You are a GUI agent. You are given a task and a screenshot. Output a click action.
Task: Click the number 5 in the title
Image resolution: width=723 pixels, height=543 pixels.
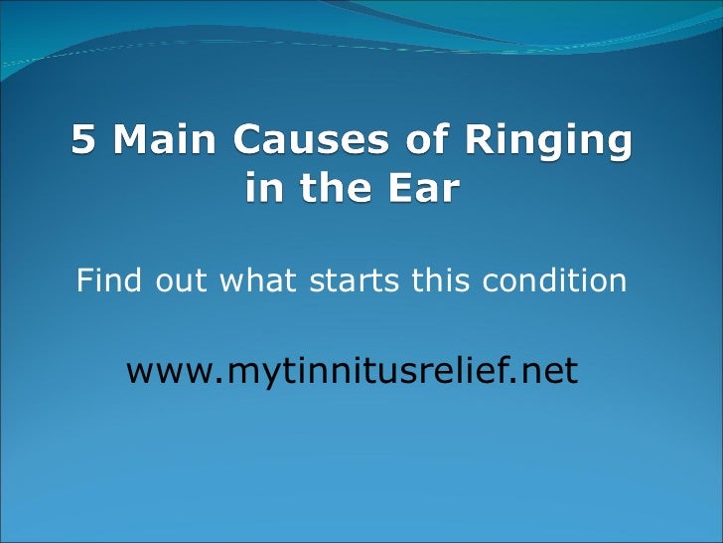coord(84,143)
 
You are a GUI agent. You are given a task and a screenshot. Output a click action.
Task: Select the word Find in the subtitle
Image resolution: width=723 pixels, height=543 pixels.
coord(108,281)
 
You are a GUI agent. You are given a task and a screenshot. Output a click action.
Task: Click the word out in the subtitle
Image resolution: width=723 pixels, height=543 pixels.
coord(180,282)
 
